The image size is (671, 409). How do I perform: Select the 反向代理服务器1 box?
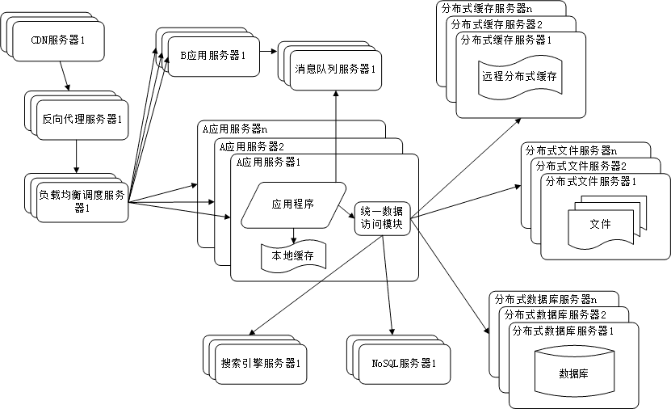click(82, 119)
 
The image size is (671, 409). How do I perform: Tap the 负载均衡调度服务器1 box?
click(81, 200)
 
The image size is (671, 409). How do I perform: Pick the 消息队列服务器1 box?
click(337, 69)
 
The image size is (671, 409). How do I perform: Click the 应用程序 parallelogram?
click(291, 204)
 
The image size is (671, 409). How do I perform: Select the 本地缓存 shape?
click(292, 256)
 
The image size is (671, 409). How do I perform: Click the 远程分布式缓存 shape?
click(521, 76)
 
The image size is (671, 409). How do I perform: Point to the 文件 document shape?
click(600, 223)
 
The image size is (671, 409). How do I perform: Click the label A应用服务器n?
click(235, 129)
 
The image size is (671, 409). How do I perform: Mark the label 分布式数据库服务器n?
click(546, 299)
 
